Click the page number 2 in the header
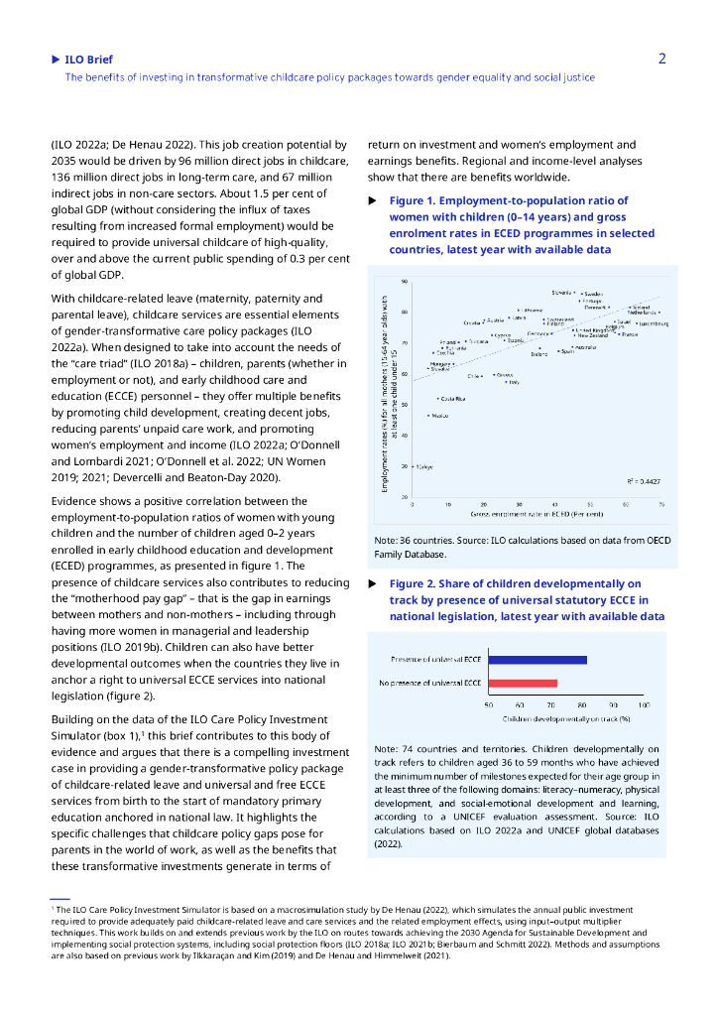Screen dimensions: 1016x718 click(661, 59)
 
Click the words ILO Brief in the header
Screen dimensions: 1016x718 click(88, 60)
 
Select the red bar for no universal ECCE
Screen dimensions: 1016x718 click(524, 683)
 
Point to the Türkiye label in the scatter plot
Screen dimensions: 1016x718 click(425, 467)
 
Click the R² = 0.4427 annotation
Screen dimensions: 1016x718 click(644, 480)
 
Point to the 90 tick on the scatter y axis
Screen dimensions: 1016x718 click(405, 282)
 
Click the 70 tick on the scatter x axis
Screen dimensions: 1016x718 click(662, 504)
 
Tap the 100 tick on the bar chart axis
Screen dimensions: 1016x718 click(644, 704)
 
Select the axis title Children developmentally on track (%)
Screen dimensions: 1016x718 click(566, 716)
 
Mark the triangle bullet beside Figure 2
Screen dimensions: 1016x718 click(372, 584)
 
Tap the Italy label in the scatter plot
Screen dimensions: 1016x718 click(514, 382)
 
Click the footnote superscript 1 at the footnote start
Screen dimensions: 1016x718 click(53, 906)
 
